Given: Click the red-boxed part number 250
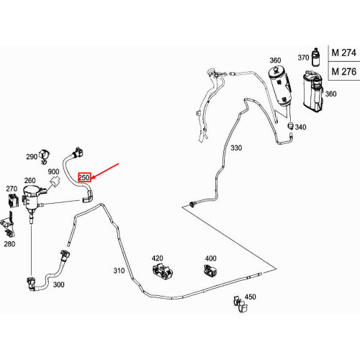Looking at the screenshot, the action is [84, 178].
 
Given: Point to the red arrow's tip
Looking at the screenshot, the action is [91, 179].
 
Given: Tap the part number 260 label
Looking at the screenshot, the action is [30, 181].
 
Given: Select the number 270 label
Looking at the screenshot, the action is [12, 189].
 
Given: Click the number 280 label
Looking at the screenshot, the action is [9, 244].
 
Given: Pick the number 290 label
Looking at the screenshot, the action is [32, 157].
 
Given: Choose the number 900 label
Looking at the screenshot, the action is [53, 171].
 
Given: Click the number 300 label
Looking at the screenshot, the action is [58, 284].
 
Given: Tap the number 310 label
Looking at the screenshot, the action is [119, 271].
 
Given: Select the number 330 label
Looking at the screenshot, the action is [236, 148].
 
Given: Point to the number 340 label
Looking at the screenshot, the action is [300, 127].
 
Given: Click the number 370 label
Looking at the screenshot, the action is [303, 58].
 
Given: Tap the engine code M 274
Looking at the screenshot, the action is [344, 53].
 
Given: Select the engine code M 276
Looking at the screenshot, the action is [344, 71].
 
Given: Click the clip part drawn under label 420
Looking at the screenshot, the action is [163, 271].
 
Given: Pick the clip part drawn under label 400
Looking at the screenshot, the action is [210, 271].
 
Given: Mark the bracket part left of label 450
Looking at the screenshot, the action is [240, 304].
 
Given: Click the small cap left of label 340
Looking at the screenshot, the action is [291, 126].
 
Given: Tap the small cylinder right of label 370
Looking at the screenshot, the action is [315, 57].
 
